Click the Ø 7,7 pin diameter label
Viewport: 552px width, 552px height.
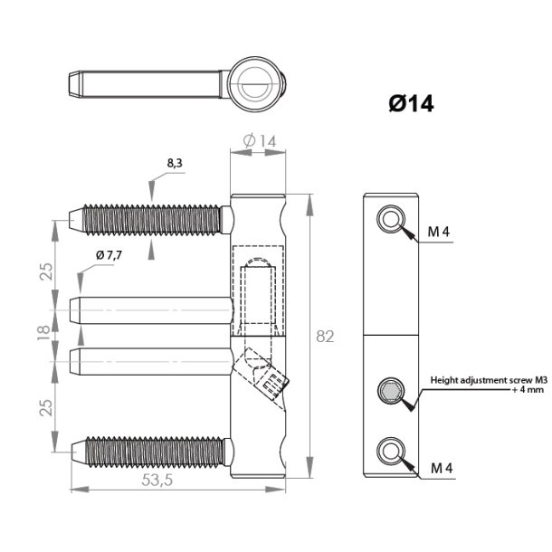107,257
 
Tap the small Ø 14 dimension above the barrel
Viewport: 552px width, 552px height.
259,140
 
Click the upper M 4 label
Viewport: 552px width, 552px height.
440,233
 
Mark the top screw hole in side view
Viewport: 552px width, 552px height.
392,218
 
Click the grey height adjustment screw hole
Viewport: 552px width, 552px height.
391,392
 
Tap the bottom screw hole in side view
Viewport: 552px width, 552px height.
392,451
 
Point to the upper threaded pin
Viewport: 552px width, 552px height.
149,218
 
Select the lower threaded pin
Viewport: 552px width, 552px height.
149,449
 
